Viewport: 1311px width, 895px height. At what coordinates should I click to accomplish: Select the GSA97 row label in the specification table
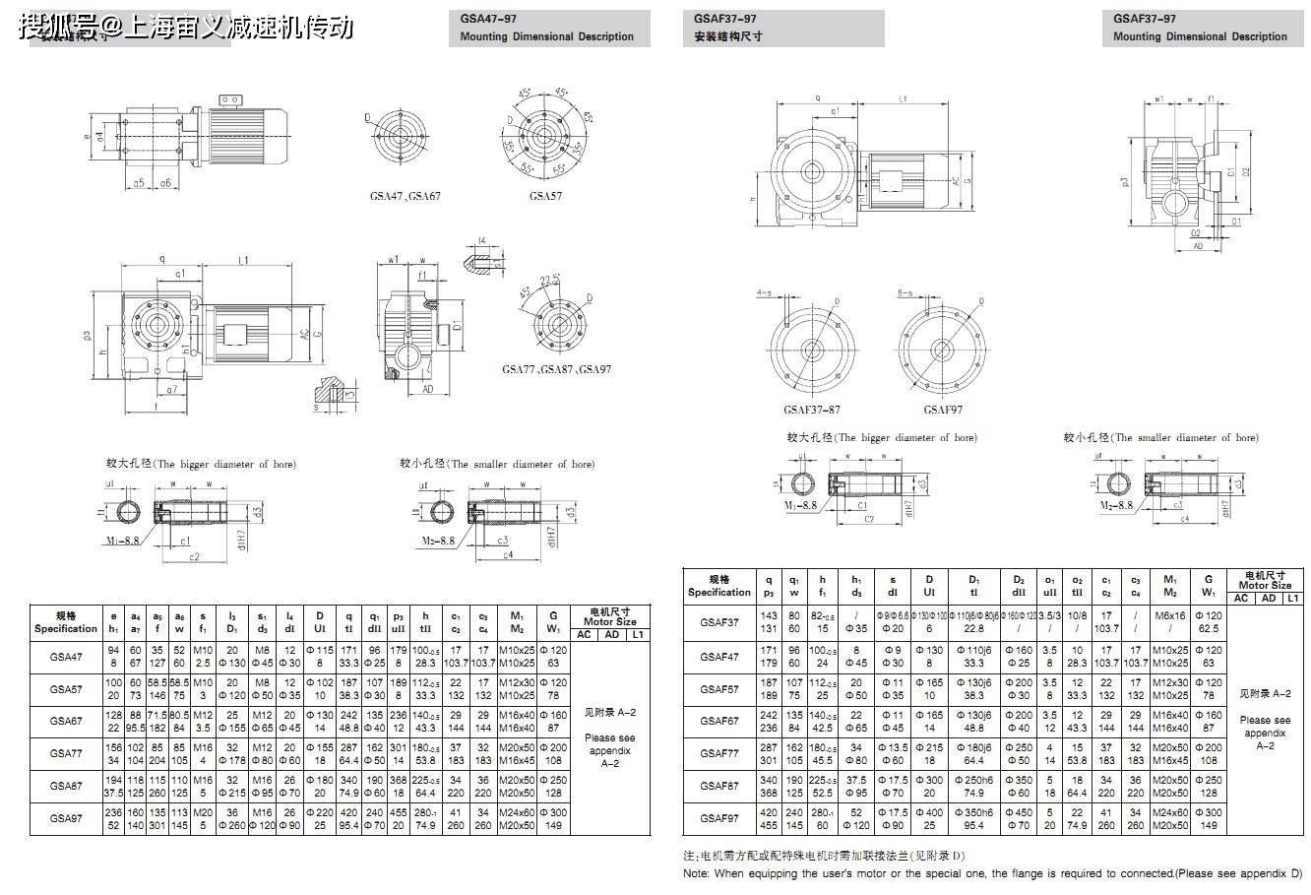[65, 818]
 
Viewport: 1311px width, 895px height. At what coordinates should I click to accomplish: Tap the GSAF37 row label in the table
[718, 622]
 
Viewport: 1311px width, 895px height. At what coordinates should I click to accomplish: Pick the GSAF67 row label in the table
[718, 721]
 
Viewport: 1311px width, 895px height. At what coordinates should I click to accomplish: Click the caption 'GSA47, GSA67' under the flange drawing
[405, 196]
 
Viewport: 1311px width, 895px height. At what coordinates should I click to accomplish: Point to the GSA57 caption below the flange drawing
[545, 196]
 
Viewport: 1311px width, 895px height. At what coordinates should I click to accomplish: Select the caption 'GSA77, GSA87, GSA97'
[556, 369]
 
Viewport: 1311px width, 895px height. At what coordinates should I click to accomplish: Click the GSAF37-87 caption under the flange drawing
[812, 410]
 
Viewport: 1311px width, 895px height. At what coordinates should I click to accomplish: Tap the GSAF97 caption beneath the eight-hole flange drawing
[943, 410]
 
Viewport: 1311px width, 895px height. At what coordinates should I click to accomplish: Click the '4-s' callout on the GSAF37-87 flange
[764, 293]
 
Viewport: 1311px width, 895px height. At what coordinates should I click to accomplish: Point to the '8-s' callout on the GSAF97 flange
[906, 293]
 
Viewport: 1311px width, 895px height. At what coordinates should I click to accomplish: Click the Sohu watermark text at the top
[186, 27]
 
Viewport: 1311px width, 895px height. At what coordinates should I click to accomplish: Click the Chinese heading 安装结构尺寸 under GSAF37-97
[728, 36]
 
